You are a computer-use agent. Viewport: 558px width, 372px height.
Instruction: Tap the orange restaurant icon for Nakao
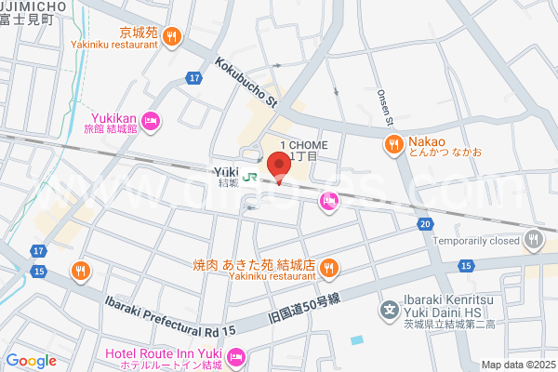tap(393, 145)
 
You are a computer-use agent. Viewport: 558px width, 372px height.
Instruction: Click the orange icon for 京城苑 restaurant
tap(171, 37)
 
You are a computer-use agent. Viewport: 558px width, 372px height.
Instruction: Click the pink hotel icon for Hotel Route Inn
tap(236, 354)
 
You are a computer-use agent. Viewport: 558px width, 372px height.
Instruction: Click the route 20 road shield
tap(425, 224)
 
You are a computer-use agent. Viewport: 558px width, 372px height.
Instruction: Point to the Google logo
tap(31, 361)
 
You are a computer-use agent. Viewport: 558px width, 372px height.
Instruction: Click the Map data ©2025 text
tap(517, 365)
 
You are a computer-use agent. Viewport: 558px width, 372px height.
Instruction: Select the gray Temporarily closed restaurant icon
tap(533, 239)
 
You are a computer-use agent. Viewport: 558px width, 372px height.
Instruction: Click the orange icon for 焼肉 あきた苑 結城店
tap(327, 269)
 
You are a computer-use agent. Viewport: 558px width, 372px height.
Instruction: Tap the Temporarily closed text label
tap(474, 239)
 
